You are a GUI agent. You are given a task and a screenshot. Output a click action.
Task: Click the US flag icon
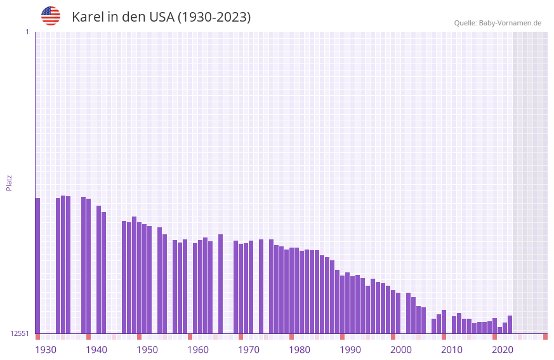(x=51, y=16)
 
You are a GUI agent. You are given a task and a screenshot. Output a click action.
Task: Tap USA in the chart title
(x=162, y=17)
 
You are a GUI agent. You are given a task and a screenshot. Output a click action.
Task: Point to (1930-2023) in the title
(x=214, y=17)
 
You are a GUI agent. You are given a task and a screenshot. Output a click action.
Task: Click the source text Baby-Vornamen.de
(x=510, y=23)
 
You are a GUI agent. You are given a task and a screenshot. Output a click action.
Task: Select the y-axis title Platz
(x=9, y=182)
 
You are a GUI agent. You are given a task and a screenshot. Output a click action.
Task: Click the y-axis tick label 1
(x=27, y=32)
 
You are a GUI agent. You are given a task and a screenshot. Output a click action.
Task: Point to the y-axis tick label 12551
(x=20, y=333)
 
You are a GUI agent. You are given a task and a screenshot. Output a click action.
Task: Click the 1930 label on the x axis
(x=46, y=350)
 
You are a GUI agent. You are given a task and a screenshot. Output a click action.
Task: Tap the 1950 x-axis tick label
(x=147, y=350)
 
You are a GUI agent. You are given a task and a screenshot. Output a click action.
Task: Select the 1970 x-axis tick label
(x=249, y=350)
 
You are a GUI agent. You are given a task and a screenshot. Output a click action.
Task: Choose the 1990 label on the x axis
(x=350, y=350)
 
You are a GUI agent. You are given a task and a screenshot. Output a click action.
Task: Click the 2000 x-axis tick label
(x=401, y=350)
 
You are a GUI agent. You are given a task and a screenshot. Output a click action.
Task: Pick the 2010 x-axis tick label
(x=452, y=350)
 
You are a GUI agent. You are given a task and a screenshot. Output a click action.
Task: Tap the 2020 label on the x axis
(x=503, y=350)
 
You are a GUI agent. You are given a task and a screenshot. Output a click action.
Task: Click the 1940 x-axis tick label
(x=96, y=350)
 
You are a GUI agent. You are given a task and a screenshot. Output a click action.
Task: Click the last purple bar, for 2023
(x=510, y=324)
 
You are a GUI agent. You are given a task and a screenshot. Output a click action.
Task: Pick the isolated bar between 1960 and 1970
(x=220, y=283)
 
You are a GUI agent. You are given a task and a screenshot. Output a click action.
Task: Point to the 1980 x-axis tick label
(x=300, y=350)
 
